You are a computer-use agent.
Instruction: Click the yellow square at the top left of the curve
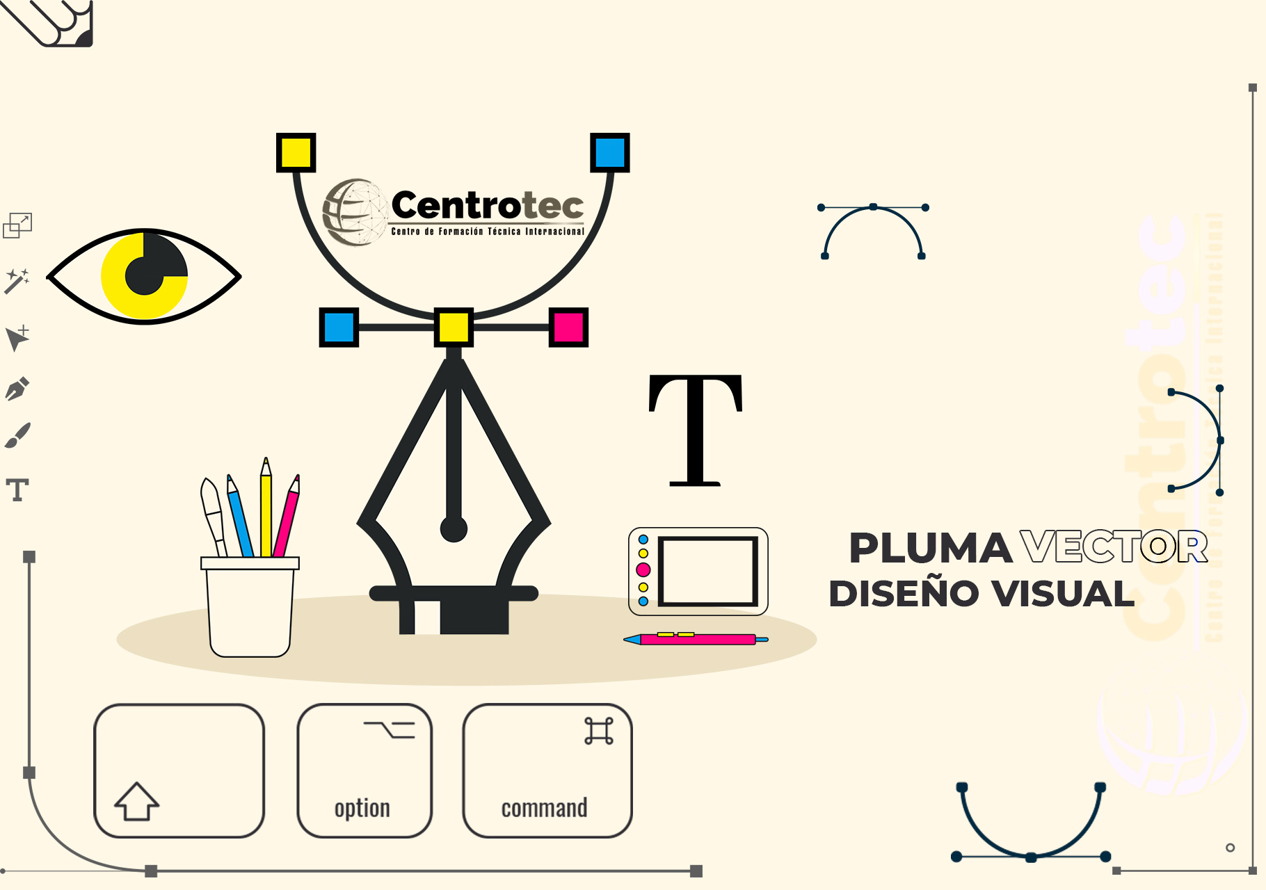tap(296, 152)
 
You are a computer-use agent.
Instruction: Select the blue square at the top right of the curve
tap(609, 152)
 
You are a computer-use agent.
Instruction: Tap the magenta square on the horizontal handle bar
tap(568, 327)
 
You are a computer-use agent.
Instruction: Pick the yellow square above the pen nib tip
tap(454, 327)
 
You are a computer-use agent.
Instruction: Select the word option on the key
tap(362, 809)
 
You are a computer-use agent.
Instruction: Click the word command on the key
tap(544, 808)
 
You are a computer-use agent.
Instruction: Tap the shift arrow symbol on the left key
tap(137, 801)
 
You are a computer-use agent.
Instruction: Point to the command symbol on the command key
tap(599, 731)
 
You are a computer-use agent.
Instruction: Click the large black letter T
tap(696, 430)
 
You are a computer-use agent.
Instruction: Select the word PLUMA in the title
tap(930, 548)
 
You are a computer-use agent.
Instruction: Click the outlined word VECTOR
tap(1114, 547)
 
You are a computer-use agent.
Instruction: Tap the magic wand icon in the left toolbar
tap(17, 281)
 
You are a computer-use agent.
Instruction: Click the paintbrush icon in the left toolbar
tap(17, 435)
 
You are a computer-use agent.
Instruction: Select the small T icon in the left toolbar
tap(18, 489)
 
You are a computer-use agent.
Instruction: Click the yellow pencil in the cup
tap(266, 508)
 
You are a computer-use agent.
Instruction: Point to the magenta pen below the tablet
tap(696, 638)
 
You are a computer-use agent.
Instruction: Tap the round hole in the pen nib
tap(454, 528)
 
